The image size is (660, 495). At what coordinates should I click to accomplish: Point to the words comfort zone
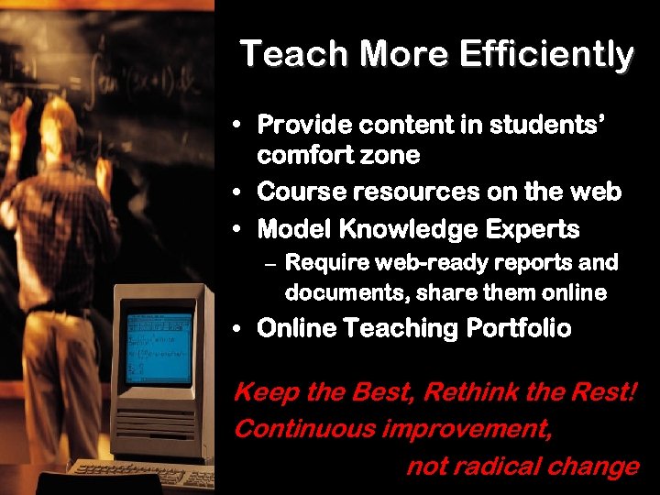[x=338, y=155]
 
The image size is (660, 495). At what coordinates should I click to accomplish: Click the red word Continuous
[x=305, y=429]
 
